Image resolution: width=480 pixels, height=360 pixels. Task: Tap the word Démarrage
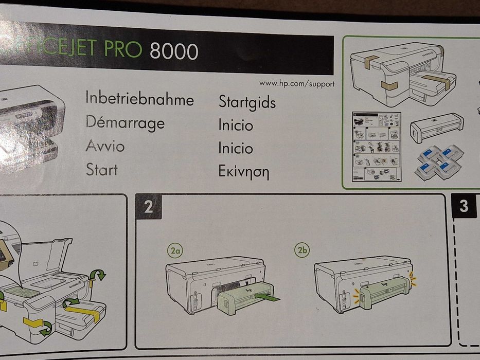[125, 122]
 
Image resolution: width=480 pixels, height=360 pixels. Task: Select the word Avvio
[105, 146]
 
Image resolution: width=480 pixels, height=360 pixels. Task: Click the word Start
[101, 169]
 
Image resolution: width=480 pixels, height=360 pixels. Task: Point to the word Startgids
[247, 102]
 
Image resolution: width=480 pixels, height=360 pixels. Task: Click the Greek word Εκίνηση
[244, 172]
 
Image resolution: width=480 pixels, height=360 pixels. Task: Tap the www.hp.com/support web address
[297, 83]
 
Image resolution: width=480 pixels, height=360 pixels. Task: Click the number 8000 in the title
[174, 51]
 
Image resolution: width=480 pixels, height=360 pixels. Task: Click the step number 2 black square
[149, 207]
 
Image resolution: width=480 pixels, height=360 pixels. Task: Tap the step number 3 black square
[464, 206]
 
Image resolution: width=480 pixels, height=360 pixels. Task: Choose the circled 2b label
[301, 251]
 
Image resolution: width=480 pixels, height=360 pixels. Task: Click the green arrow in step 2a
[268, 297]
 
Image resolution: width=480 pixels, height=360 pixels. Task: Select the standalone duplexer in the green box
[437, 125]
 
